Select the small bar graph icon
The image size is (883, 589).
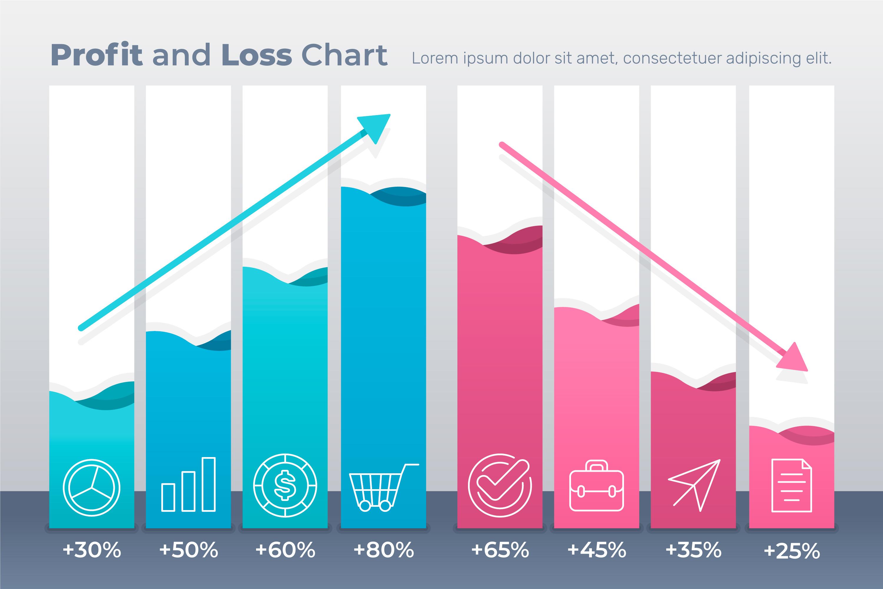(188, 484)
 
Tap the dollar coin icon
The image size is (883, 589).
(285, 485)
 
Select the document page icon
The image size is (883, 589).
(792, 485)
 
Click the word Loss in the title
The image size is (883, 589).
(256, 55)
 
